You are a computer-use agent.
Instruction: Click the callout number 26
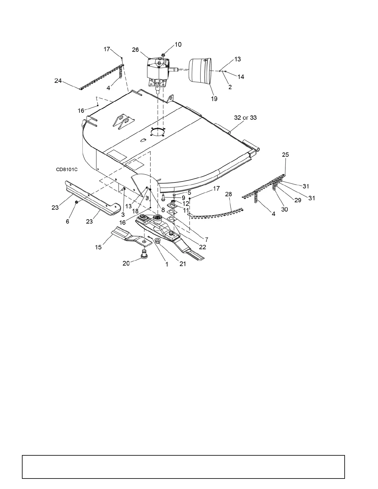click(x=136, y=50)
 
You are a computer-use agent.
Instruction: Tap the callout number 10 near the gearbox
click(x=178, y=44)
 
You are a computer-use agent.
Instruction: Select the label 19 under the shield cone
click(x=214, y=99)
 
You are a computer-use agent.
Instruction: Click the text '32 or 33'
click(x=246, y=118)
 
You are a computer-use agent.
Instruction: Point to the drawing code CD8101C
click(x=66, y=169)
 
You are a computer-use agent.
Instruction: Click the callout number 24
click(x=58, y=81)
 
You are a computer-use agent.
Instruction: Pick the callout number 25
click(x=286, y=155)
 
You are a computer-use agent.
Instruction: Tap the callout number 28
click(x=229, y=194)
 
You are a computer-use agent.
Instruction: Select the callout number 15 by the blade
click(x=99, y=247)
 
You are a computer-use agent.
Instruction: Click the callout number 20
click(x=126, y=264)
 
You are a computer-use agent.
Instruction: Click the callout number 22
click(x=203, y=247)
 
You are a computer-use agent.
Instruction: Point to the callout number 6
click(x=68, y=222)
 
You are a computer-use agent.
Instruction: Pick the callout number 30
click(x=284, y=209)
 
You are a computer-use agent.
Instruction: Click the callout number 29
click(x=298, y=200)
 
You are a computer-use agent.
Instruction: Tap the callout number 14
click(x=241, y=77)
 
